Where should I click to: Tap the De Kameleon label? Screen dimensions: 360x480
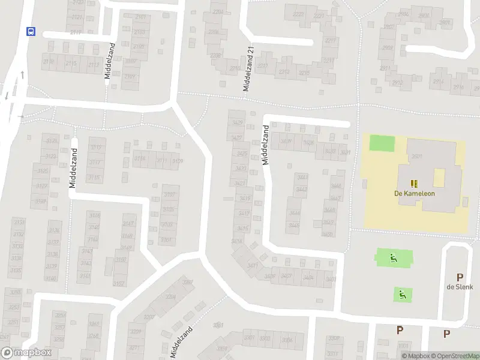click(x=414, y=193)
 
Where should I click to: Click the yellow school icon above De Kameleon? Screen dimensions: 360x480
click(x=413, y=182)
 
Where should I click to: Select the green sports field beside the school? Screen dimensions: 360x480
click(x=382, y=143)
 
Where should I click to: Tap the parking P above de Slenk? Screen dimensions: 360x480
click(x=460, y=277)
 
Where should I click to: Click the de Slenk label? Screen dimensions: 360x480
click(x=460, y=287)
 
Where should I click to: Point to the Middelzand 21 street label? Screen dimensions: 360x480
click(x=248, y=70)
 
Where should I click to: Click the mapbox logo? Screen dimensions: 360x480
click(x=25, y=353)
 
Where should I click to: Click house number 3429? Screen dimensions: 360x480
click(x=238, y=122)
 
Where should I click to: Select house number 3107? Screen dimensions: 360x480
click(x=170, y=194)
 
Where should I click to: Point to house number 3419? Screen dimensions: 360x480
click(x=244, y=199)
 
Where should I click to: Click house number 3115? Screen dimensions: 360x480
click(x=94, y=178)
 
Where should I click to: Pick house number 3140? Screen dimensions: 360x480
click(x=51, y=278)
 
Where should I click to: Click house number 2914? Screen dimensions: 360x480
click(x=439, y=82)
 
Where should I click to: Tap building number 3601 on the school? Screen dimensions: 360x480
click(x=417, y=157)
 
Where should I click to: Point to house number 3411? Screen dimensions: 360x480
click(x=253, y=265)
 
